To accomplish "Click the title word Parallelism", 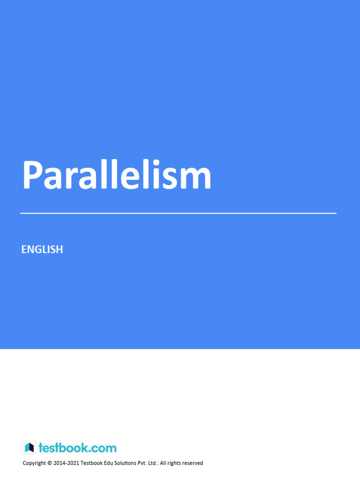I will tap(117, 176).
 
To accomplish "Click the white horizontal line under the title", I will tap(178, 213).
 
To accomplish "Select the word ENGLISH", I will tap(42, 249).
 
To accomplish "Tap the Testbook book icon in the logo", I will tap(29, 448).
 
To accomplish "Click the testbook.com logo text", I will tap(77, 448).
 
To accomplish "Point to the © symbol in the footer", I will tap(50, 463).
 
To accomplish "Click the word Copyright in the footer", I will tap(34, 463).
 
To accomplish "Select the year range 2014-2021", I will tap(67, 463).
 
